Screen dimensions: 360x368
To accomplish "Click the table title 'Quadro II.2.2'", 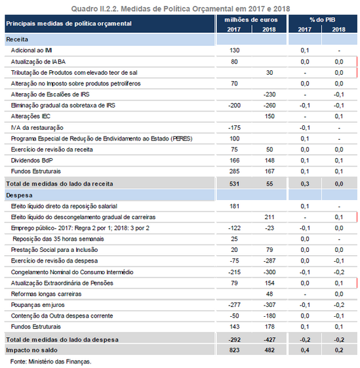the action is pos(95,9).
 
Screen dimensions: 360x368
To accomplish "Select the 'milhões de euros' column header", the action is pos(251,20).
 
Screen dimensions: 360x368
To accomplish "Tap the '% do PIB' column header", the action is pos(323,20).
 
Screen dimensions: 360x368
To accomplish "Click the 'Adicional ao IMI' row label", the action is pos(31,51).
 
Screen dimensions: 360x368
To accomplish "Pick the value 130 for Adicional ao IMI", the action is pos(235,51).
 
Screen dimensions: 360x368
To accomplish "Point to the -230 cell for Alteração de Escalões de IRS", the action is pos(270,94).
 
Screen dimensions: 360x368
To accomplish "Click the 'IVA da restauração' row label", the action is pos(37,128).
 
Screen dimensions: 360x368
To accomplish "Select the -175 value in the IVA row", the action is pos(235,128).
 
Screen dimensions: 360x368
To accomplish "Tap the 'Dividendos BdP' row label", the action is pos(32,161).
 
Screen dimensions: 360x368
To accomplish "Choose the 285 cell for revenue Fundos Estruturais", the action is pos(235,171).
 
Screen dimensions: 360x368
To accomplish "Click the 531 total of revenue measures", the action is pos(235,184).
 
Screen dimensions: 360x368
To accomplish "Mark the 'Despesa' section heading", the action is pos(19,195).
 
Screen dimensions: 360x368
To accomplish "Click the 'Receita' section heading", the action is pos(17,39).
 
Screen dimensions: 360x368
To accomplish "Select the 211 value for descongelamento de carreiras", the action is pos(270,217).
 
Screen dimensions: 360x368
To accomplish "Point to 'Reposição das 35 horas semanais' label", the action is pos(58,239).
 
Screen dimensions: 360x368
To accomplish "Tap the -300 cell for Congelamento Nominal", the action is pos(270,272).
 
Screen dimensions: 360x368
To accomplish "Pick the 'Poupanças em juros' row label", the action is pos(38,305).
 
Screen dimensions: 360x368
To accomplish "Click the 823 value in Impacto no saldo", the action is pos(235,350).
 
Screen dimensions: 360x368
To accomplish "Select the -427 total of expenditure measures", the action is pos(270,340).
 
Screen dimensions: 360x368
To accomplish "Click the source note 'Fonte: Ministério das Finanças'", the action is pos(50,361).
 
